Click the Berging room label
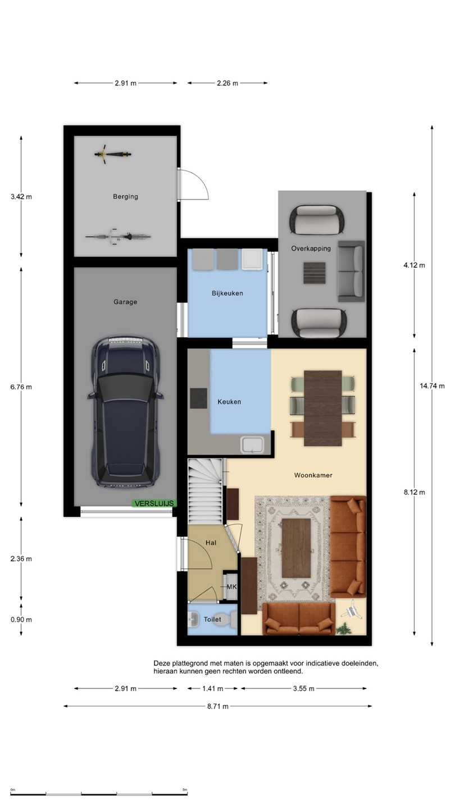(125, 196)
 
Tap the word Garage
(125, 302)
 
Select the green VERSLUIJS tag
(154, 503)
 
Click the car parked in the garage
(125, 412)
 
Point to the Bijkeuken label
(227, 293)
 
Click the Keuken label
(229, 402)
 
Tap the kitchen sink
(253, 444)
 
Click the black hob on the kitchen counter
(199, 398)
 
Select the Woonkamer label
(313, 475)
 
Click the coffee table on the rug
(296, 548)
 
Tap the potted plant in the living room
(343, 628)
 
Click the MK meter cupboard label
(232, 587)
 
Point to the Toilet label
(212, 619)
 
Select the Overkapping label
(311, 249)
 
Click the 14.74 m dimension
(432, 386)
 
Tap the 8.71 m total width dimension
(218, 706)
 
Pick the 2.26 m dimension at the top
(228, 83)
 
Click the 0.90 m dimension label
(21, 619)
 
